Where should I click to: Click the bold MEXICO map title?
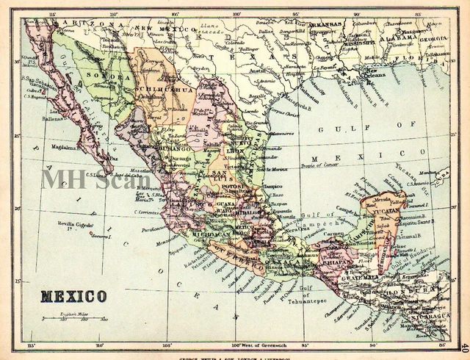tap(73, 297)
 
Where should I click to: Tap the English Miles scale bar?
tap(74, 319)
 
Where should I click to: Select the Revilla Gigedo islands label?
tap(76, 225)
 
